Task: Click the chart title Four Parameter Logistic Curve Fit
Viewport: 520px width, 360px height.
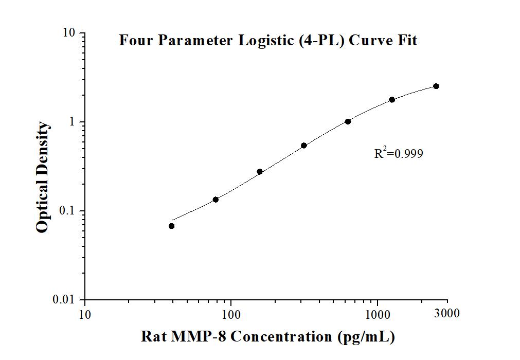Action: (x=267, y=40)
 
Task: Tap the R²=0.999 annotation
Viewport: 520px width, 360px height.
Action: (x=399, y=153)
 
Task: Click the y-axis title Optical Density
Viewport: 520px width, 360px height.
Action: (x=43, y=177)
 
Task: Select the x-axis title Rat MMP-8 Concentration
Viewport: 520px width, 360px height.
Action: (x=267, y=337)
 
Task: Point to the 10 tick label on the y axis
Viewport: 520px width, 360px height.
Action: (x=69, y=33)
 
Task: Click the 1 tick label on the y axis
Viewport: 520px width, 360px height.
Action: (x=73, y=122)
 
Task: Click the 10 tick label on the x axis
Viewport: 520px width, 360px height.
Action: (x=85, y=313)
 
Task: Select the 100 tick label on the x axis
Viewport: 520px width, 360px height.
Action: (x=231, y=313)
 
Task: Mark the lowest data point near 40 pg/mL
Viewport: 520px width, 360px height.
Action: (x=172, y=226)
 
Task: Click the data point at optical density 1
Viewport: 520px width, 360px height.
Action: (x=348, y=121)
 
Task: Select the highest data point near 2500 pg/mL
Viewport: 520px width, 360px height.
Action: (x=436, y=86)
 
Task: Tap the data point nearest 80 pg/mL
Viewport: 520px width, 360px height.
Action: (x=216, y=200)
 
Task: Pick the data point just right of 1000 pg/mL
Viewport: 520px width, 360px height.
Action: (x=392, y=99)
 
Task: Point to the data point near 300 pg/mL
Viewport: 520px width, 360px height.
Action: (x=304, y=146)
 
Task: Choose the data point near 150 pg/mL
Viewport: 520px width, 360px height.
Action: (x=260, y=171)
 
